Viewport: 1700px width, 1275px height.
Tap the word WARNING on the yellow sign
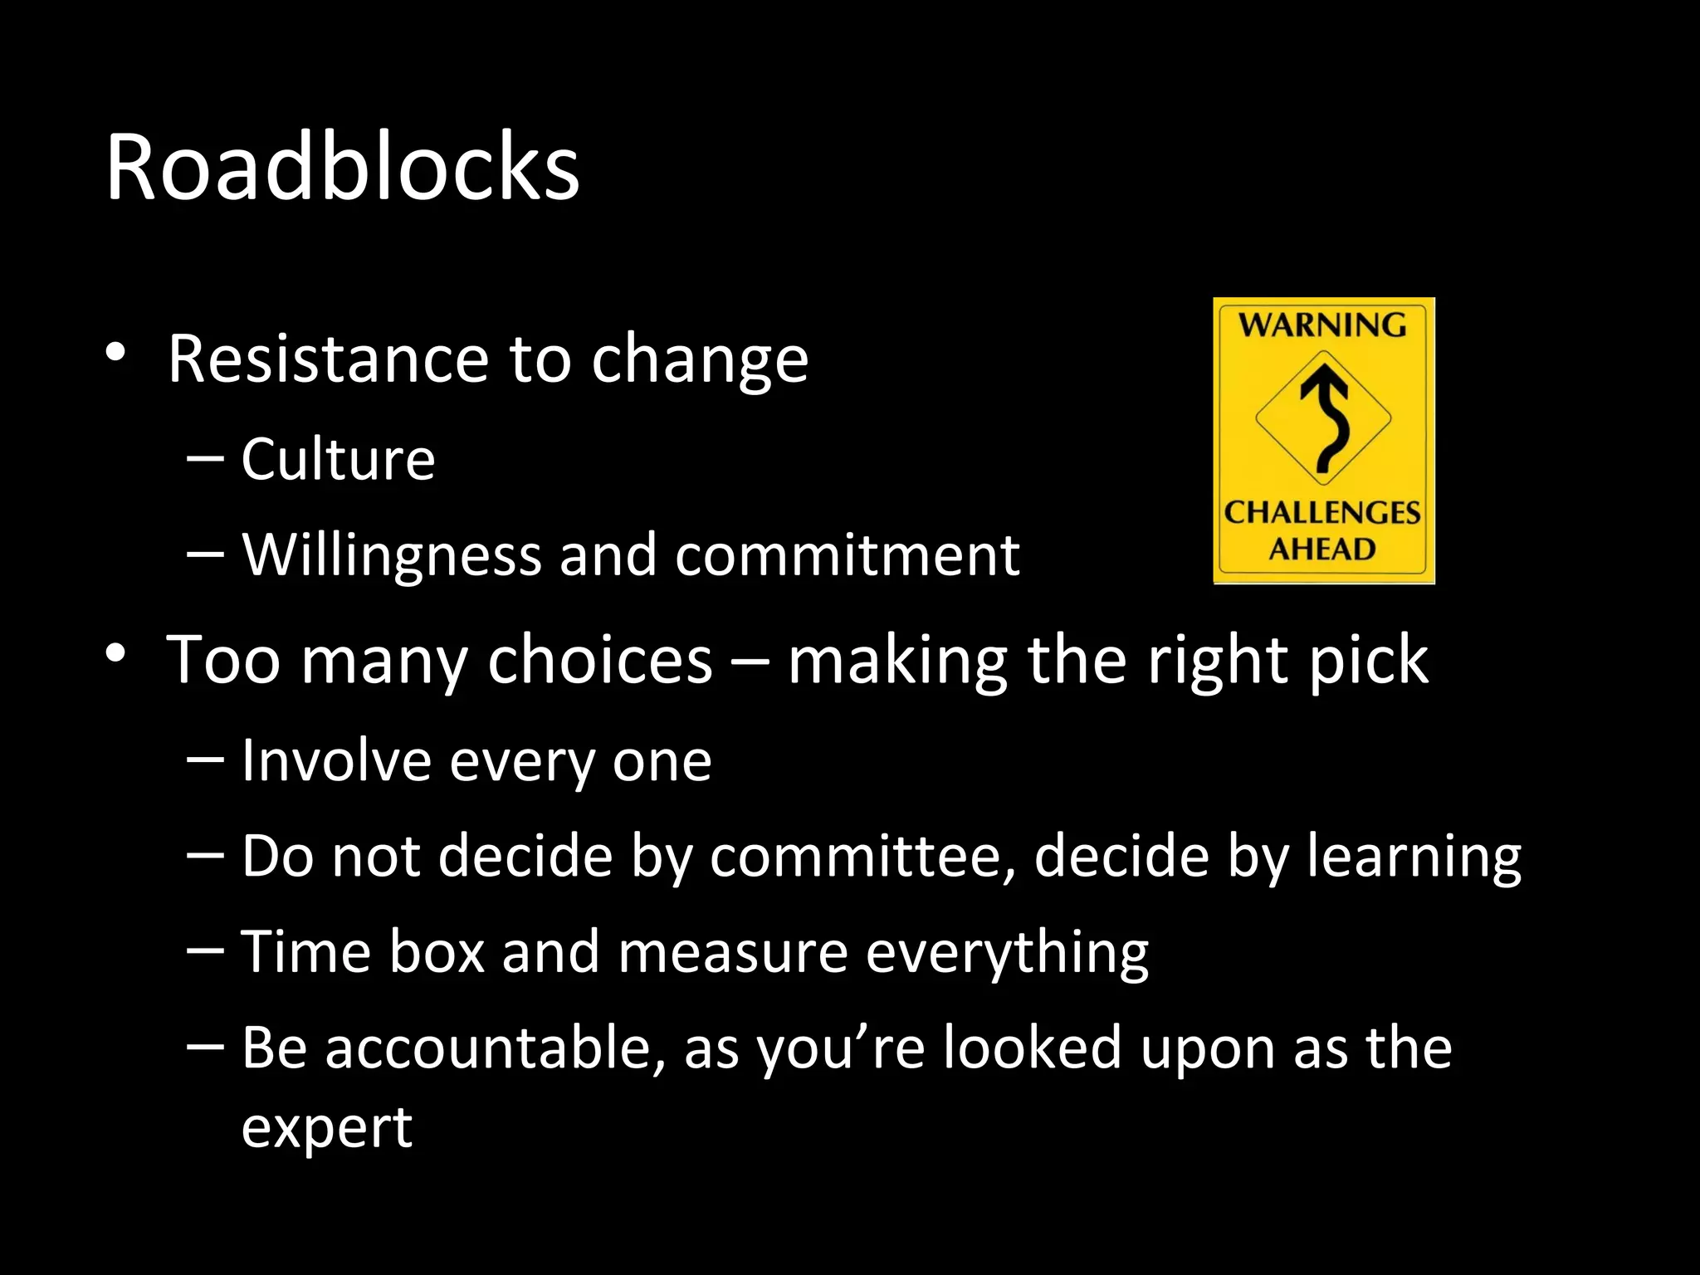[x=1323, y=325]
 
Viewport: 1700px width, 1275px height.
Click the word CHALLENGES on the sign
[x=1322, y=512]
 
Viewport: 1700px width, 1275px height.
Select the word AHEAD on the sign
[x=1322, y=549]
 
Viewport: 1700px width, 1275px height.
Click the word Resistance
[x=329, y=359]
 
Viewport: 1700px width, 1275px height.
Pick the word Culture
[x=338, y=459]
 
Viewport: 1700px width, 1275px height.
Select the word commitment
[x=848, y=554]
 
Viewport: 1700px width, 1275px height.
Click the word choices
[x=600, y=661]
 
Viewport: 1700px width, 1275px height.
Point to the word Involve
[x=336, y=760]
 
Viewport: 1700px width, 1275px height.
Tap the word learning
[x=1414, y=857]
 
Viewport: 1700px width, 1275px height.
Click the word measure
[x=733, y=951]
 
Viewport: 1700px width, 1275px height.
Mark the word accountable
[x=495, y=1048]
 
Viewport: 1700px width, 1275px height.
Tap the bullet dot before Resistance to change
[x=115, y=353]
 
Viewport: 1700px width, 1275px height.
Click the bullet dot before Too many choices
[x=115, y=654]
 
